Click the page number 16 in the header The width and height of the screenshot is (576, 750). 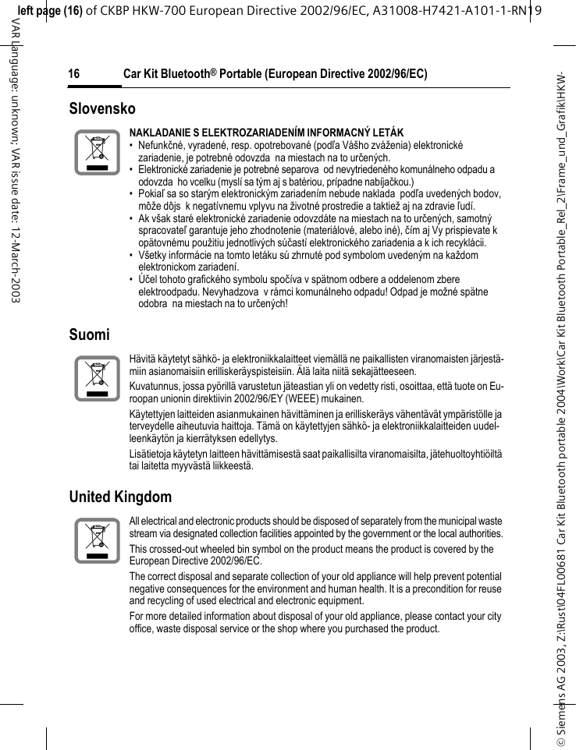[74, 75]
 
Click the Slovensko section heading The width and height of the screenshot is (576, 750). [102, 108]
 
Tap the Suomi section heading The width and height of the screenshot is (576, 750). [90, 334]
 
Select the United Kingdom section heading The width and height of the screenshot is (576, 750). [120, 497]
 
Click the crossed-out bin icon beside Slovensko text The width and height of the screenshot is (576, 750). [98, 153]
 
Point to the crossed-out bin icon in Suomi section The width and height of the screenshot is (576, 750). [98, 378]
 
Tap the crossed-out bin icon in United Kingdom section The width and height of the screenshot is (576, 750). [98, 540]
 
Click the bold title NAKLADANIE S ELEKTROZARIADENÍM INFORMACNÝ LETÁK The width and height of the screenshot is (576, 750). [266, 133]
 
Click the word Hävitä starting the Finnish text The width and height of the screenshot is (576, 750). [143, 359]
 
